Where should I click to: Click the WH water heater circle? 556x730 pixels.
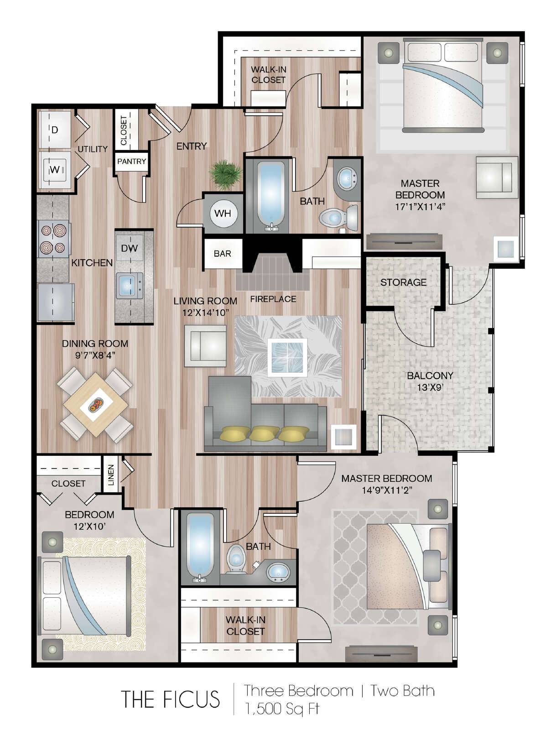tap(223, 213)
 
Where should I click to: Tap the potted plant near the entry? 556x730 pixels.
tap(225, 175)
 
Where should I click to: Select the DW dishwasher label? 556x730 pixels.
tap(129, 248)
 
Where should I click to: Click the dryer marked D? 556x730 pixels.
tap(55, 130)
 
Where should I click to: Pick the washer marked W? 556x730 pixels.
tap(55, 170)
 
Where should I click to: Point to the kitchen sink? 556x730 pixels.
tap(129, 285)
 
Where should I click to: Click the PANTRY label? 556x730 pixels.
tap(132, 162)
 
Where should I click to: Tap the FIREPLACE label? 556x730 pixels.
tap(273, 299)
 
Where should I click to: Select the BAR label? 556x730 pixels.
tap(222, 253)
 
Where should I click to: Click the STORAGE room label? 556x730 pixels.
tap(404, 282)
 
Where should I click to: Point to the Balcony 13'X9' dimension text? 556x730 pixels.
tap(431, 387)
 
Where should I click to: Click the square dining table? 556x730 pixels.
tap(96, 405)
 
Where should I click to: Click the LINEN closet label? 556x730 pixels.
tap(111, 475)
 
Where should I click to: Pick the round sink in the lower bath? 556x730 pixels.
tap(279, 571)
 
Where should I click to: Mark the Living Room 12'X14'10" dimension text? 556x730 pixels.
tap(205, 313)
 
